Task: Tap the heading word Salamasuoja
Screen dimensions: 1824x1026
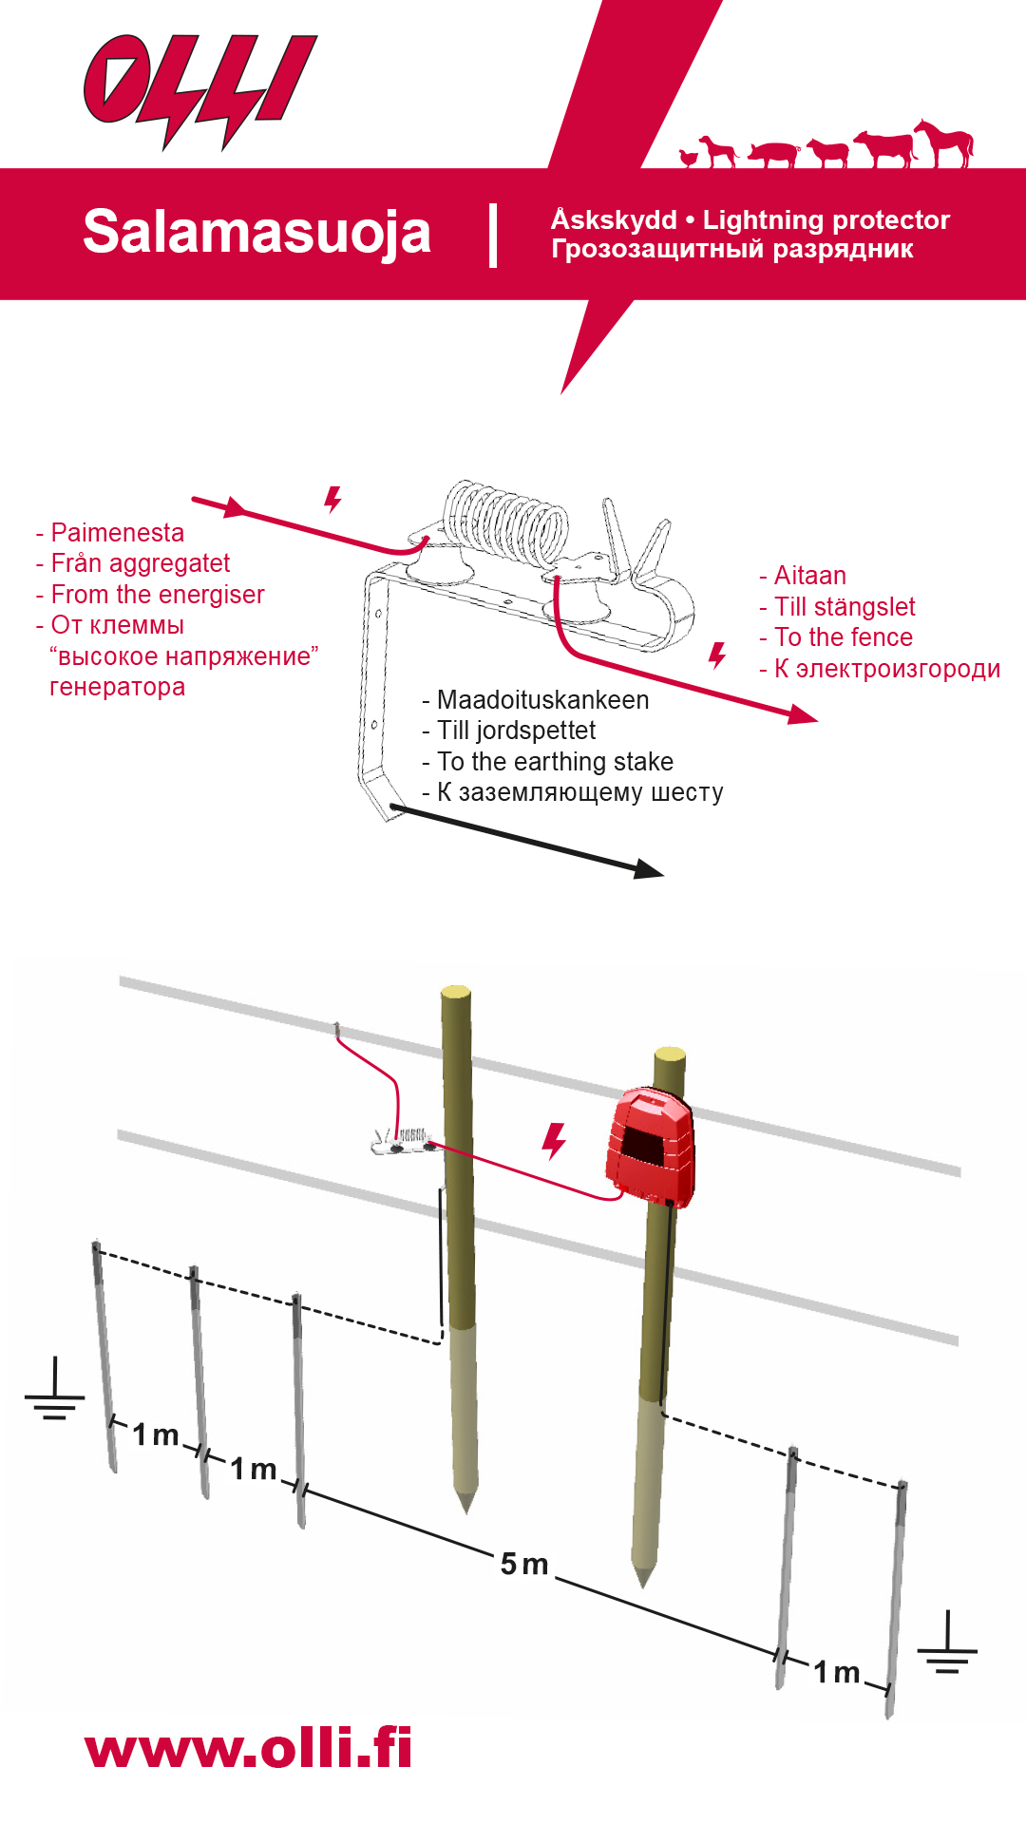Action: pyautogui.click(x=256, y=232)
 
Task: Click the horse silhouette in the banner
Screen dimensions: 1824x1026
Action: pyautogui.click(x=945, y=142)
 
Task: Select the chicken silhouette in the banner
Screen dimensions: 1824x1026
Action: pyautogui.click(x=689, y=157)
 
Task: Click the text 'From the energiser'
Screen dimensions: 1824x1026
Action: pyautogui.click(x=158, y=595)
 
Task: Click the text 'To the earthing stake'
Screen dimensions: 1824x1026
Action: pyautogui.click(x=555, y=762)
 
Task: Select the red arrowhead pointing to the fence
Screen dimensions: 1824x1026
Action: pyautogui.click(x=803, y=714)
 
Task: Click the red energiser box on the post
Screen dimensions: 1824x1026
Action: pyautogui.click(x=650, y=1146)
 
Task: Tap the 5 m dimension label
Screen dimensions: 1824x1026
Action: pyautogui.click(x=524, y=1564)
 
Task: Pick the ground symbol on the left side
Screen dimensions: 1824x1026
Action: pyautogui.click(x=55, y=1391)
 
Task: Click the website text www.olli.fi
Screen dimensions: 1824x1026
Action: pyautogui.click(x=249, y=1749)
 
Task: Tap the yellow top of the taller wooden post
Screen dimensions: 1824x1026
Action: pyautogui.click(x=456, y=991)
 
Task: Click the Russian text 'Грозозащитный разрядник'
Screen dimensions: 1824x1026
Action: pyautogui.click(x=732, y=250)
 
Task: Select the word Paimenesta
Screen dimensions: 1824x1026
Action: pyautogui.click(x=117, y=533)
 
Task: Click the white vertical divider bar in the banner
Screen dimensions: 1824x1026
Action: pyautogui.click(x=493, y=235)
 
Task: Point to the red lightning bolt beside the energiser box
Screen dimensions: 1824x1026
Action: pyautogui.click(x=553, y=1140)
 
